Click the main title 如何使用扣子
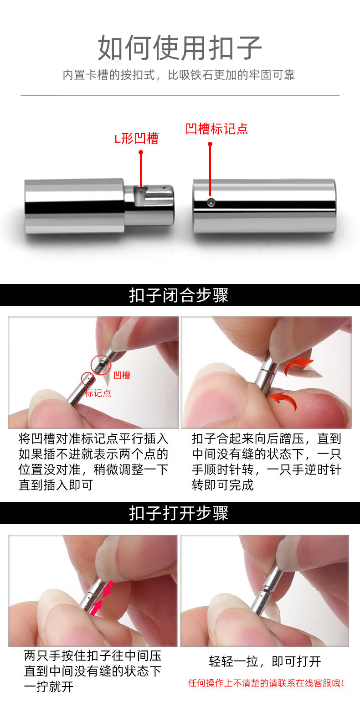click(180, 48)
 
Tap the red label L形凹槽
click(136, 139)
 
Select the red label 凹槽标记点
click(217, 129)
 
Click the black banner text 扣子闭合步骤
click(179, 295)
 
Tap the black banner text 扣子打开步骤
click(179, 513)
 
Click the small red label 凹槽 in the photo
click(122, 375)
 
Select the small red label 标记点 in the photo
click(98, 393)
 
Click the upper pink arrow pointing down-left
click(108, 589)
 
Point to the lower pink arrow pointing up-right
click(96, 608)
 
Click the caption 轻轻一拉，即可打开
click(265, 661)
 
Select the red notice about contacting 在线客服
click(266, 683)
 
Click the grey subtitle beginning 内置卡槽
click(179, 75)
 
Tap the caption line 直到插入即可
click(56, 485)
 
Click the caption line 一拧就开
click(49, 687)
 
